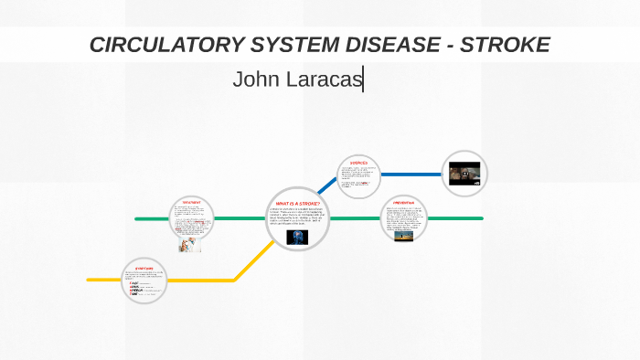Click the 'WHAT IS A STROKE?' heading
tap(297, 203)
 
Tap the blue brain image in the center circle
tap(297, 237)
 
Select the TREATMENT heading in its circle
tap(191, 202)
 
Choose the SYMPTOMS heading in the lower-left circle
tap(144, 268)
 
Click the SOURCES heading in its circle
tap(357, 163)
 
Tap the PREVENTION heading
tap(403, 202)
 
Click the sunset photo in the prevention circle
tap(403, 235)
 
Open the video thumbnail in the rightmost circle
tap(464, 174)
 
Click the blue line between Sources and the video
tap(411, 174)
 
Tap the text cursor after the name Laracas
tap(364, 80)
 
